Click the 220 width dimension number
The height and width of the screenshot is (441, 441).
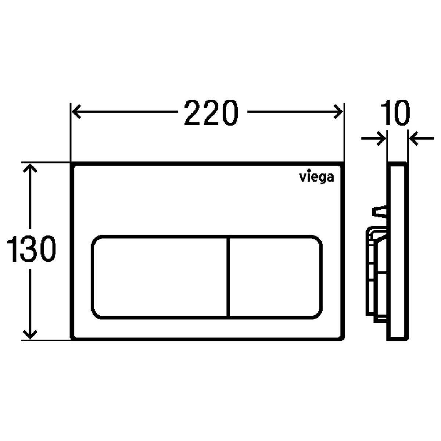pyautogui.click(x=211, y=112)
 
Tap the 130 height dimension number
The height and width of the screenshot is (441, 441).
pyautogui.click(x=31, y=248)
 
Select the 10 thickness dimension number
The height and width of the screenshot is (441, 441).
pyautogui.click(x=395, y=112)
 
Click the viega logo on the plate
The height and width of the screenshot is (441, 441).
pyautogui.click(x=316, y=176)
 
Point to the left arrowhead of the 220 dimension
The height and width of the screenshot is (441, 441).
pyautogui.click(x=76, y=112)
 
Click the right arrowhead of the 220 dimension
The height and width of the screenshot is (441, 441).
pyautogui.click(x=338, y=112)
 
